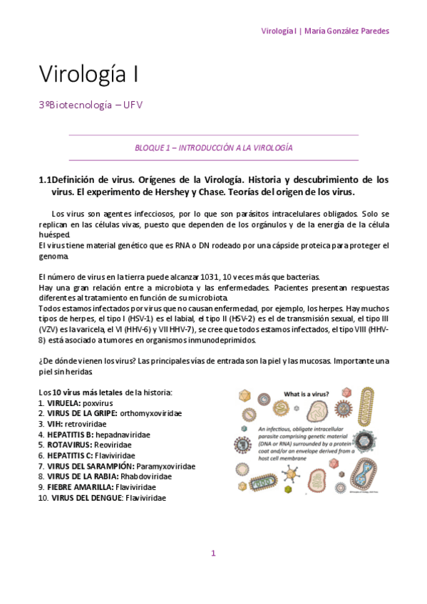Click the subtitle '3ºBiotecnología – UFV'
coord(91,105)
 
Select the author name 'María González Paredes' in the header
coord(346,31)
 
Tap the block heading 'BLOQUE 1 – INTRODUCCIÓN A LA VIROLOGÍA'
coord(214,147)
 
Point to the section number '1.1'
coord(44,179)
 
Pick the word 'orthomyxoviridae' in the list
coord(151,413)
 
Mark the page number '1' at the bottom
coord(213,553)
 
